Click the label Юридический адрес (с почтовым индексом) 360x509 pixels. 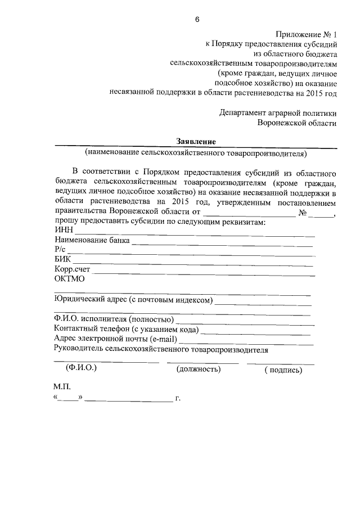pos(133,299)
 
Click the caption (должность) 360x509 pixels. pos(198,369)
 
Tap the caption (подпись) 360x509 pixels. pos(283,370)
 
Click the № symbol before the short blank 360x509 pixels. pos(302,213)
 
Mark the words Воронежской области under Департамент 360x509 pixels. pos(297,122)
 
